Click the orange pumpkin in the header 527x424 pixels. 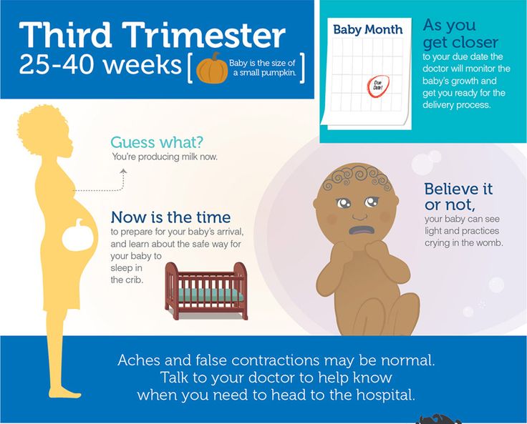coord(212,69)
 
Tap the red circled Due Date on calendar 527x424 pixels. coord(378,87)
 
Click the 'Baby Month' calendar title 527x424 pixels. coord(368,29)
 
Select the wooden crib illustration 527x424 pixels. coord(206,291)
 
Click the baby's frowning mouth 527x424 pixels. coord(362,230)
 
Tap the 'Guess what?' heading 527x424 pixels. coord(157,142)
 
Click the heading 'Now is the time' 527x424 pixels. coord(170,217)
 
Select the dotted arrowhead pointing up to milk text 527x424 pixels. coord(123,172)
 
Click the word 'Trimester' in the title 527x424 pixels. coord(203,35)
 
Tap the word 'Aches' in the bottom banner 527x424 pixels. coord(138,360)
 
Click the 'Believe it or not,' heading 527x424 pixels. coord(458,197)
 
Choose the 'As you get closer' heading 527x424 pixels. coord(460,34)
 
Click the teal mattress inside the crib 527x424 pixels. coord(210,295)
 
